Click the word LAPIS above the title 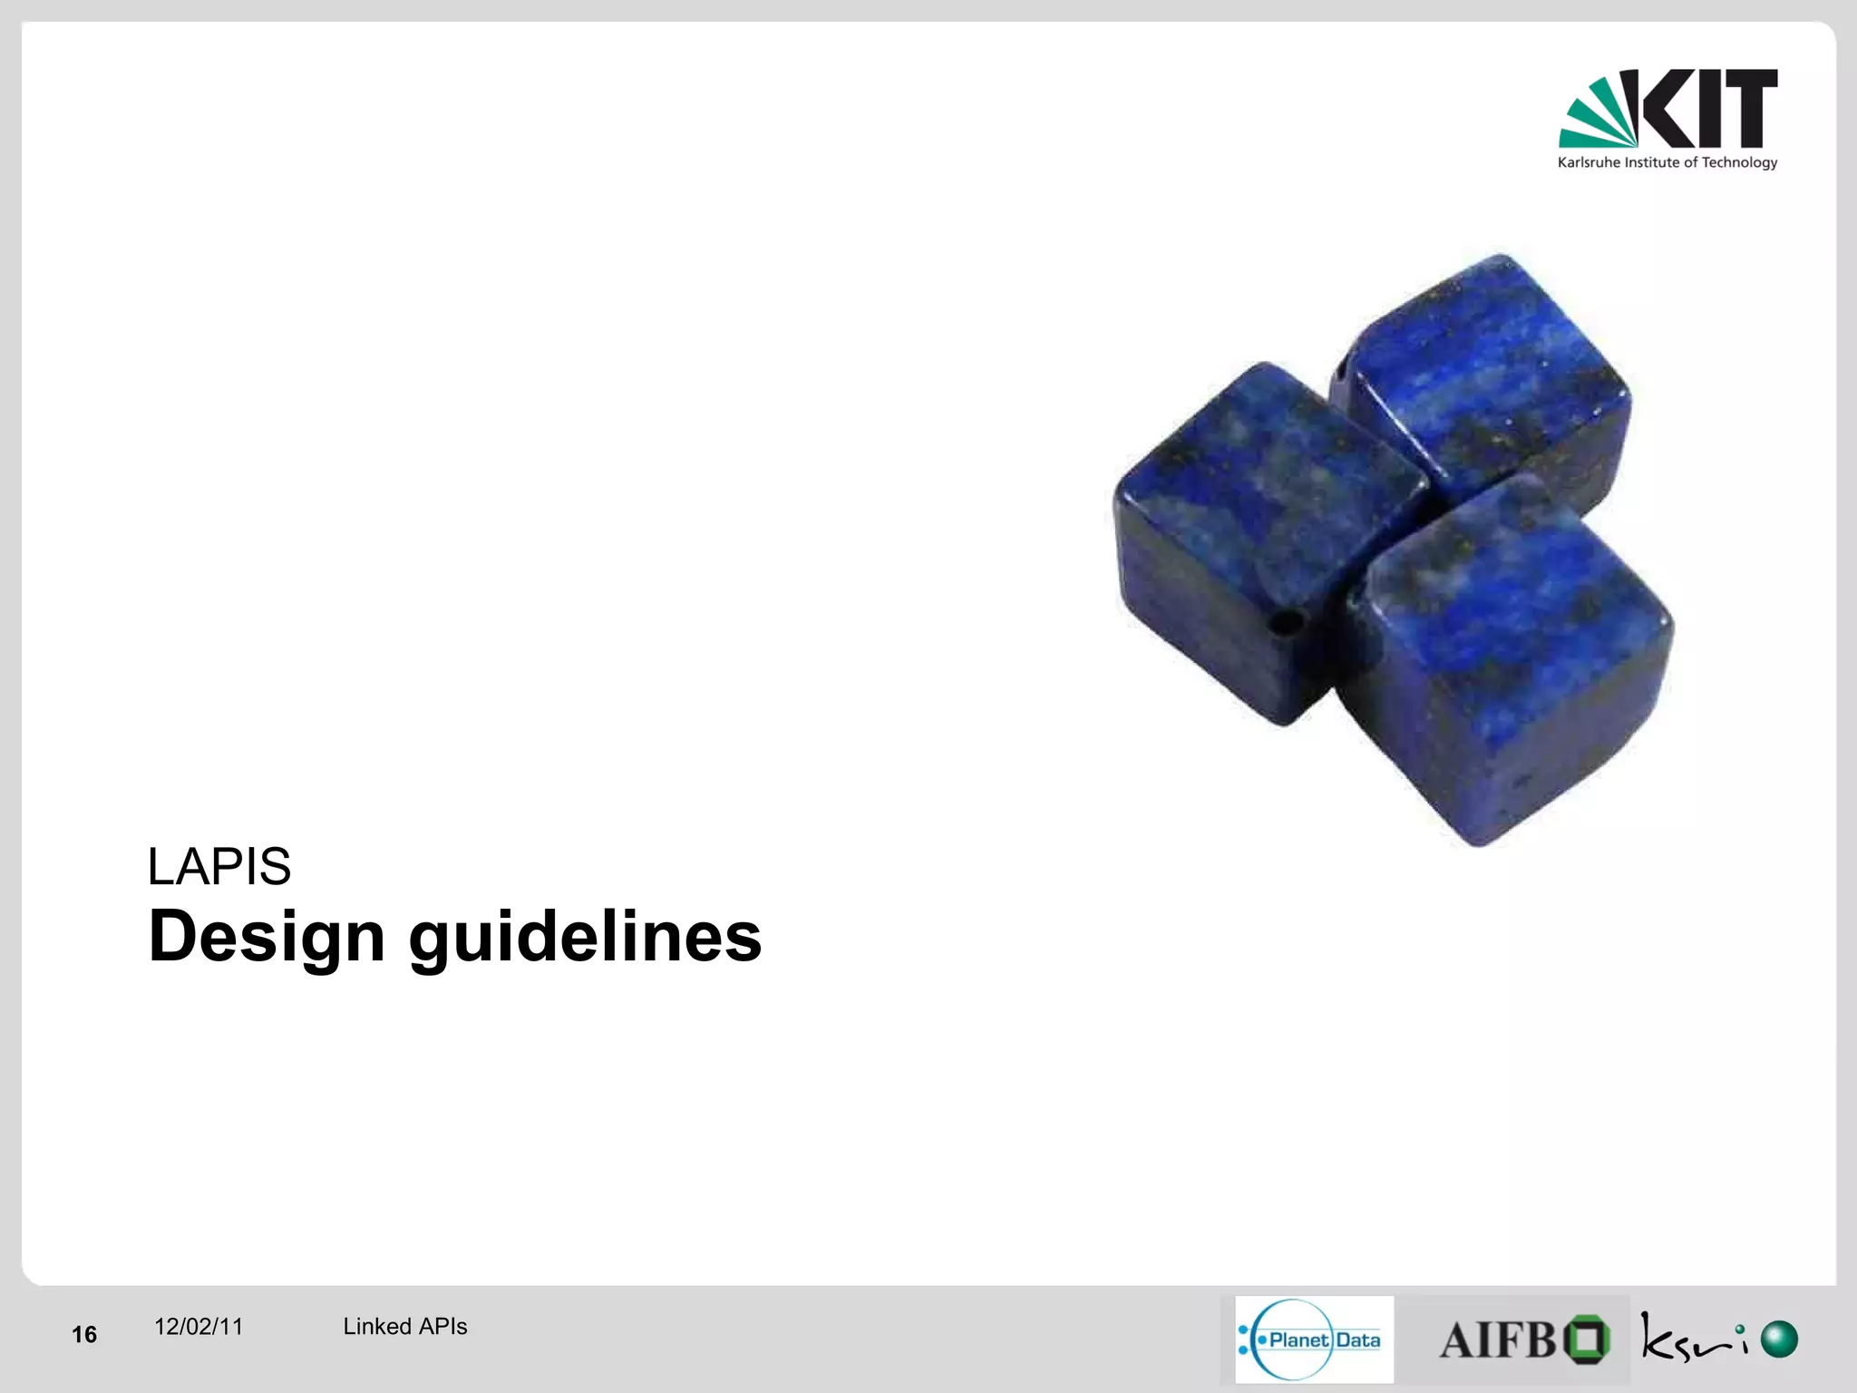tap(219, 867)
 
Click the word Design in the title tap(267, 937)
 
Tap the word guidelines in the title tap(586, 937)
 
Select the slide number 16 tap(84, 1334)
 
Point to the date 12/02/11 tap(199, 1327)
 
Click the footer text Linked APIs tap(404, 1327)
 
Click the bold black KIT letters tap(1710, 109)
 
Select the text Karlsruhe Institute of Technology tap(1667, 163)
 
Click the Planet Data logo tap(1314, 1339)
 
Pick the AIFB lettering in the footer tap(1497, 1340)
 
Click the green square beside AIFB tap(1586, 1339)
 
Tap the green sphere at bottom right tap(1779, 1339)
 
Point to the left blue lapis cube tap(1251, 535)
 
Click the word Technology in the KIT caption tap(1739, 163)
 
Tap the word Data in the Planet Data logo tap(1358, 1340)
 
